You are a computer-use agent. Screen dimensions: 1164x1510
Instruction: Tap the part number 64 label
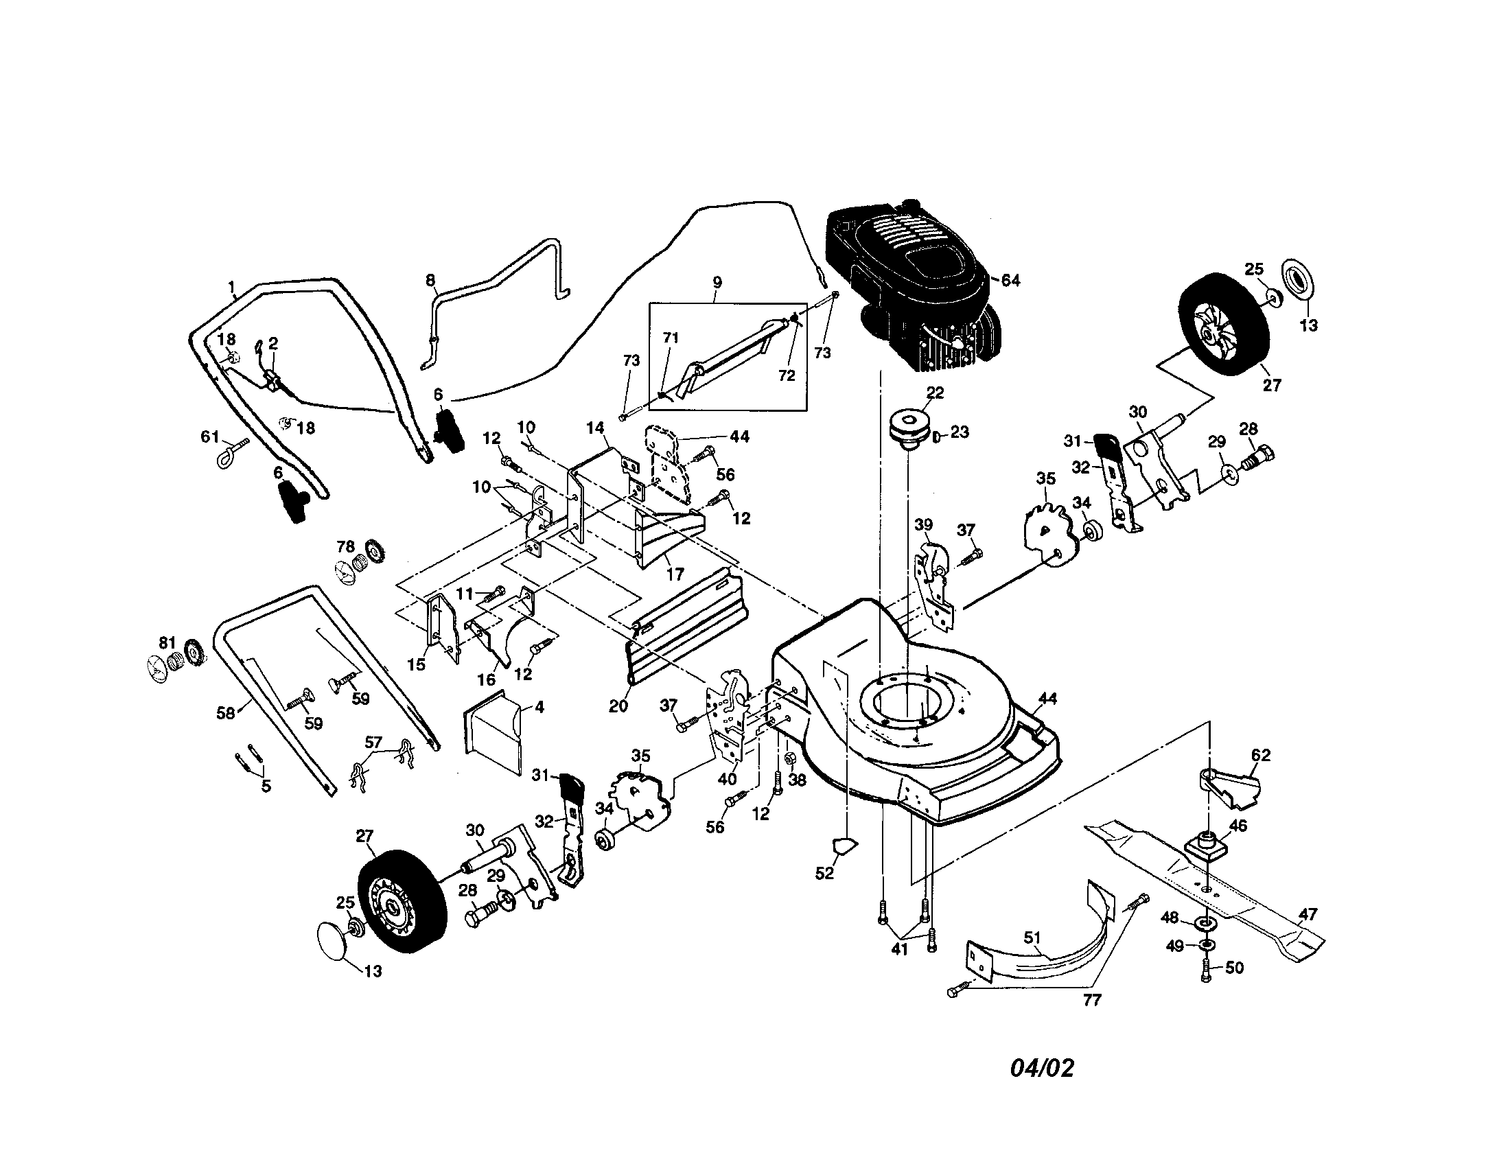point(1010,280)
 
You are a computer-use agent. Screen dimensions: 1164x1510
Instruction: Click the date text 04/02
point(1042,1068)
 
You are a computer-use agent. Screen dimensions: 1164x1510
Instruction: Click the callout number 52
point(824,873)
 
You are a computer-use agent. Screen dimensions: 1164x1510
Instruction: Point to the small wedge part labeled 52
point(844,844)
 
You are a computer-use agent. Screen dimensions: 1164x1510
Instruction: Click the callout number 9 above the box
point(717,282)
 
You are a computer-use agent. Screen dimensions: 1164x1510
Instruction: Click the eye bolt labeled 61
point(226,456)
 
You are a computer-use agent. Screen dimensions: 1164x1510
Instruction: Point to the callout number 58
point(226,712)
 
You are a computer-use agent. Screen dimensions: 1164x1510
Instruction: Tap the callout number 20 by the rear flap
point(618,706)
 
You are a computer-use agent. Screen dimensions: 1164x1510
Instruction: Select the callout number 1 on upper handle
point(231,286)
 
